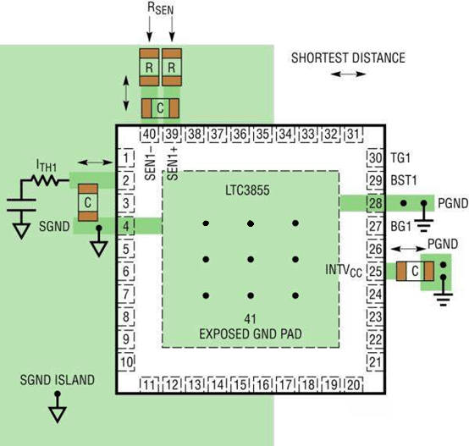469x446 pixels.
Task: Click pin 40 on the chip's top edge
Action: (x=149, y=135)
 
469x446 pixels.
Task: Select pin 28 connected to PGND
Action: (x=375, y=203)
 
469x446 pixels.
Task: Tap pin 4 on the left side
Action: (x=126, y=226)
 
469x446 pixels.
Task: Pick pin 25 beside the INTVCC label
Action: (x=375, y=272)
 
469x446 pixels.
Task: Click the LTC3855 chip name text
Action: (x=247, y=190)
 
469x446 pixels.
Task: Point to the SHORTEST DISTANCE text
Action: (x=348, y=58)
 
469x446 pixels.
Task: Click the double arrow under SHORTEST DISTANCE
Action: (x=349, y=74)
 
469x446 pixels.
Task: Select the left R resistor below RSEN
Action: (x=149, y=67)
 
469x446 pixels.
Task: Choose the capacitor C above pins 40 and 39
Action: (x=160, y=108)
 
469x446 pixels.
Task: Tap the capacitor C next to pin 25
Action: (x=415, y=271)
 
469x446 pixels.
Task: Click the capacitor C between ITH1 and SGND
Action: (x=88, y=202)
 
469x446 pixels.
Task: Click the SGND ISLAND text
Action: (x=57, y=380)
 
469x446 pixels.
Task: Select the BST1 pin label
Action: (x=404, y=180)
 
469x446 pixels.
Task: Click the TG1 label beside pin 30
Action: (x=400, y=157)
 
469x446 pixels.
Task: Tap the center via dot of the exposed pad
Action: (x=251, y=259)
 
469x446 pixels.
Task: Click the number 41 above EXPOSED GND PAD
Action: (x=250, y=319)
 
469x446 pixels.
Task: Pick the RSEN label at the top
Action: (x=160, y=8)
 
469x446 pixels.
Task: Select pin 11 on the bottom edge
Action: (x=149, y=385)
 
